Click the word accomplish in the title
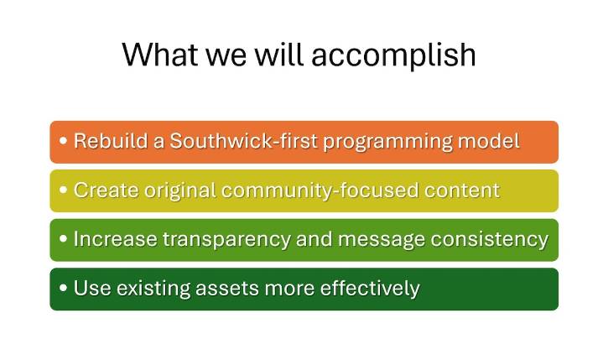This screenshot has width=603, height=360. pyautogui.click(x=393, y=55)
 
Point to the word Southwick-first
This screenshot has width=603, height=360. pyautogui.click(x=222, y=141)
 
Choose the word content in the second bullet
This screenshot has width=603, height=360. pyautogui.click(x=461, y=190)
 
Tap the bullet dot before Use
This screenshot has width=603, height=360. pyautogui.click(x=64, y=289)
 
